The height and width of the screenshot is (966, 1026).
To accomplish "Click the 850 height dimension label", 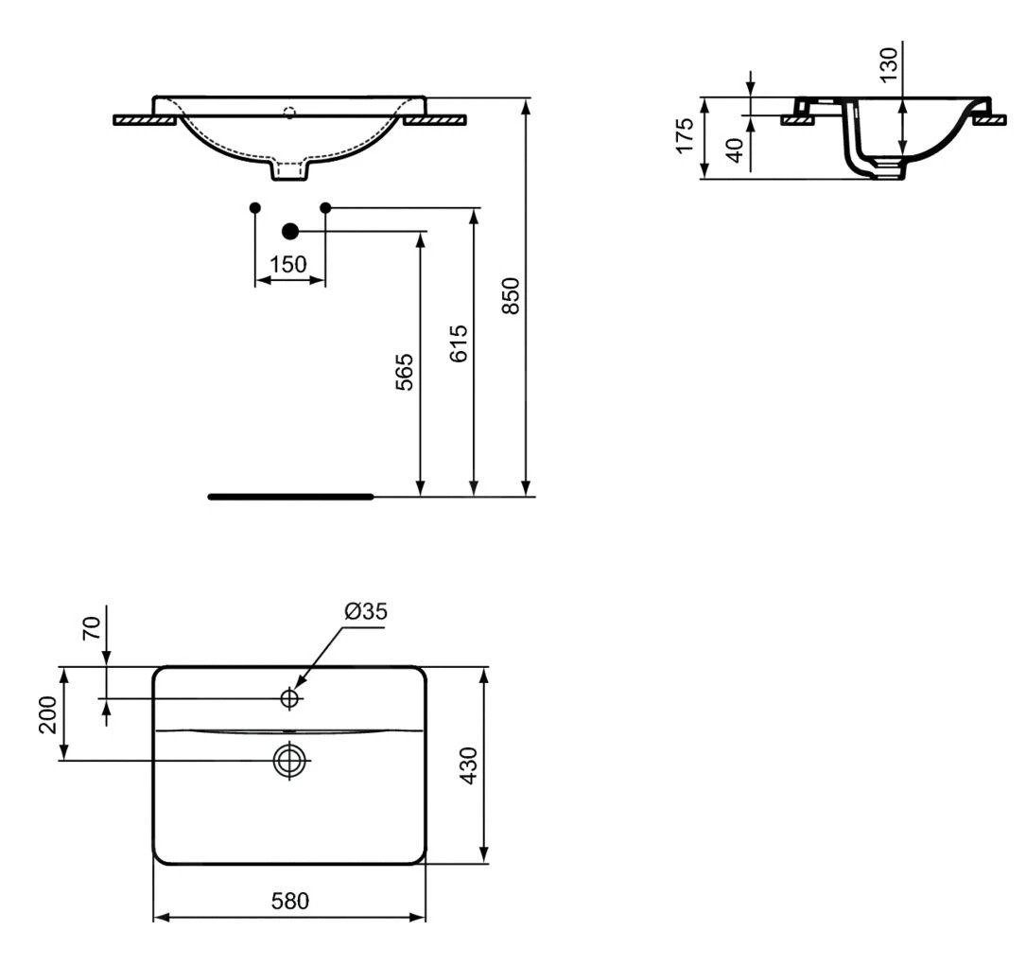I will point(511,297).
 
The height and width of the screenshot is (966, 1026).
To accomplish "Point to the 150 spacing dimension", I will point(288,264).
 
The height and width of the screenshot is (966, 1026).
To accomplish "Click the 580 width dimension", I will point(288,902).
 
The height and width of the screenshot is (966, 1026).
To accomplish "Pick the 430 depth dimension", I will point(467,765).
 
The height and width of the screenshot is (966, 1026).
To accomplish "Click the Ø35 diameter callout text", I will point(365,612).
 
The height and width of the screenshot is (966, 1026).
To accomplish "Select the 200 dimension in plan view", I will point(47,714).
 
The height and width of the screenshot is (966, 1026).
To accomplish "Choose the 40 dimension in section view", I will point(733,149).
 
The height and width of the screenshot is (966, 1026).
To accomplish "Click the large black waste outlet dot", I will point(290,230).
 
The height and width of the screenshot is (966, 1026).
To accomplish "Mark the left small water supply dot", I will point(254,207).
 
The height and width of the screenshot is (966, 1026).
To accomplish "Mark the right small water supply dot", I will point(325,207).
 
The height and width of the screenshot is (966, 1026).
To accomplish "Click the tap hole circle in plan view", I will point(289,698).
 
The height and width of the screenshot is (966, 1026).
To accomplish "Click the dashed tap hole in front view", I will point(289,114).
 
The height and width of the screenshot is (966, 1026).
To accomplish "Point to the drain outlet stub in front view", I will point(289,170).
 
